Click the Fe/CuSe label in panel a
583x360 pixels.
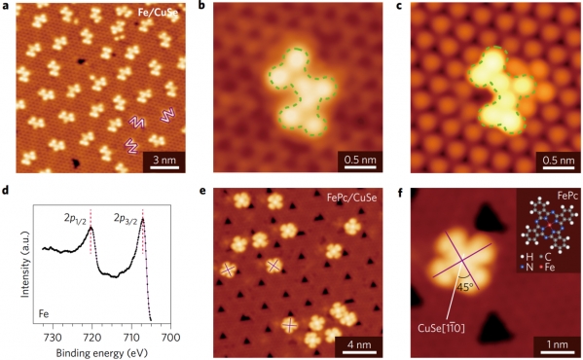pos(158,12)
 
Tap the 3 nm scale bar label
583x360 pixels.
pos(164,161)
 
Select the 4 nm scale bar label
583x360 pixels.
pos(359,344)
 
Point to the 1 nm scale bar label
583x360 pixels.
pos(557,344)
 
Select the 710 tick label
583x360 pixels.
pos(131,338)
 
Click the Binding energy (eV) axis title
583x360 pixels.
pos(101,352)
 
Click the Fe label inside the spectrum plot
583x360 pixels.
pos(44,314)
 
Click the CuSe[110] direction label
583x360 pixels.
pos(441,328)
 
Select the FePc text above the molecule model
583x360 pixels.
pos(567,196)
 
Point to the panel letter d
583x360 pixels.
pos(5,192)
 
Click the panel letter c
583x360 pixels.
pos(400,7)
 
